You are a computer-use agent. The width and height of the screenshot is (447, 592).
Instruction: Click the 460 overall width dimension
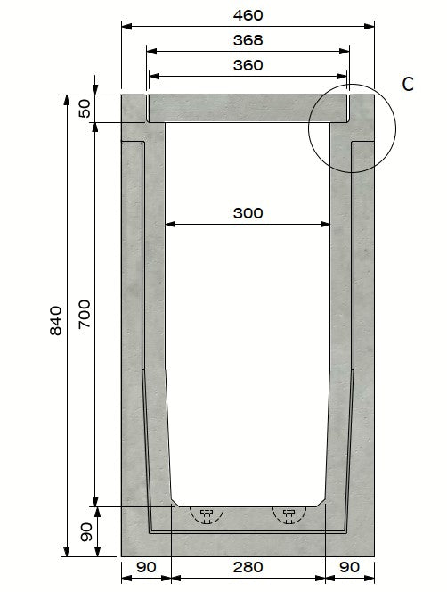coord(248,15)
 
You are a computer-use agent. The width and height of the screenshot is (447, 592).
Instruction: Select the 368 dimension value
coord(248,40)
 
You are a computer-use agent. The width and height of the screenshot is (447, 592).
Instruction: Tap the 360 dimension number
coord(248,65)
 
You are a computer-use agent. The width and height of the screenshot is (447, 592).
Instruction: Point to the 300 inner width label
coord(248,213)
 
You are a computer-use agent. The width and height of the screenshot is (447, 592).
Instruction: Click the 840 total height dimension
coord(56,321)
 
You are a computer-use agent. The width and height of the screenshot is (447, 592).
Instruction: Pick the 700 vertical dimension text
coord(86,314)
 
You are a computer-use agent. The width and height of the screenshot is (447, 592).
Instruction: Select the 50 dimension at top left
coord(85,108)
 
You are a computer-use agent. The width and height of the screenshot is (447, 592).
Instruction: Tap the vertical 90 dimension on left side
coord(86,532)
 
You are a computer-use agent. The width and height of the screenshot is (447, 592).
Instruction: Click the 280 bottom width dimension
coord(248,566)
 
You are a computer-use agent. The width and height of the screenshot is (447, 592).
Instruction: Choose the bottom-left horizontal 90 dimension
coord(144,566)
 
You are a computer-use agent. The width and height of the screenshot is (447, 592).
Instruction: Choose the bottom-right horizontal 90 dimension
coord(351,566)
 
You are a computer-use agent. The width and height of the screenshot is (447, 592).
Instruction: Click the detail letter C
coord(408,85)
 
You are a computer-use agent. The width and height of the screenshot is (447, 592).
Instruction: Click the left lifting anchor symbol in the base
coord(207,514)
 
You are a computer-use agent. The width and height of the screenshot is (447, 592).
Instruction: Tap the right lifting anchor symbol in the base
coord(289,514)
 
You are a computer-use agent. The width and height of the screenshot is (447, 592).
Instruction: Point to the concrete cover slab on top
coord(248,108)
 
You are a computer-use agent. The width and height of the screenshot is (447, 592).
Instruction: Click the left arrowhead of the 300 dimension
coord(170,224)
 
